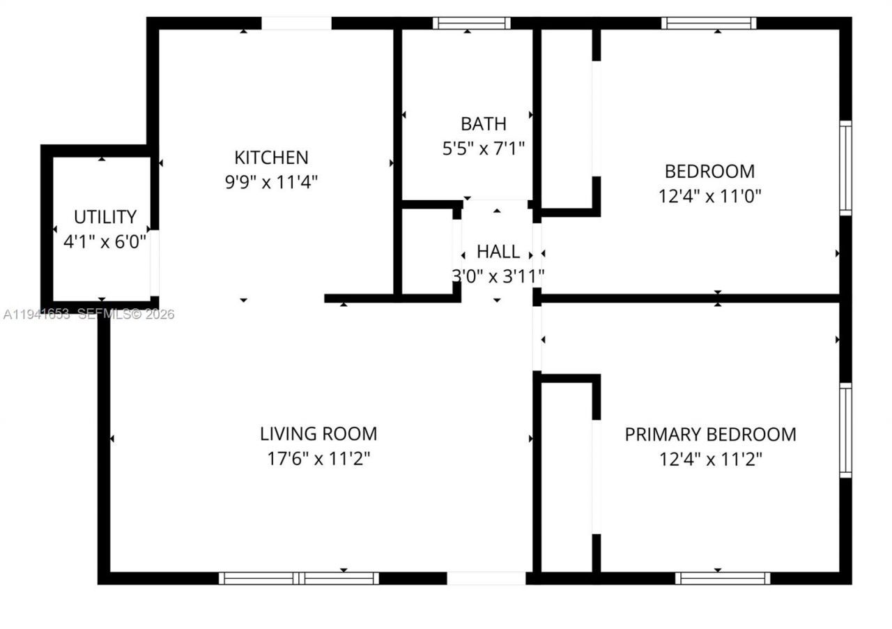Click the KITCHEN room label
point(271,157)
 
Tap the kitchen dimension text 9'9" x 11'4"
point(271,182)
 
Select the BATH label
point(483,124)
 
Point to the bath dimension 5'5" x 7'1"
point(483,149)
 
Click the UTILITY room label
point(105,217)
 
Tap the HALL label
point(498,252)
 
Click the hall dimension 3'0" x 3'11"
point(498,277)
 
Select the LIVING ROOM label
point(318,434)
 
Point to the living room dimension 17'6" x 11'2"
point(318,459)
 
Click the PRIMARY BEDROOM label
point(710,434)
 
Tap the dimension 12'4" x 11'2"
point(710,460)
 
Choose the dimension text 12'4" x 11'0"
point(709,196)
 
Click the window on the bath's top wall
point(471,23)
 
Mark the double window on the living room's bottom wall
point(299,578)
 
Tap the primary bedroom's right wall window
point(845,430)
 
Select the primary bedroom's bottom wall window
point(723,578)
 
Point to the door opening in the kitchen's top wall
point(296,23)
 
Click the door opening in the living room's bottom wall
point(486,578)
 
